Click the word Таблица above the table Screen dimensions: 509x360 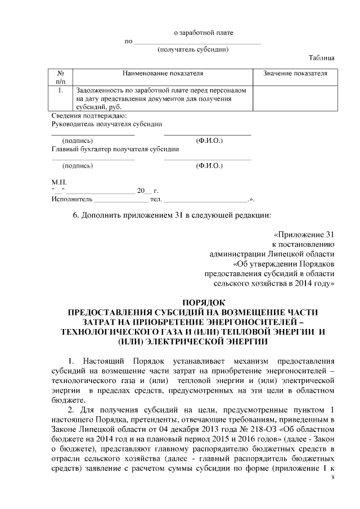click(x=322, y=58)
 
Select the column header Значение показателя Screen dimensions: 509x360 click(x=295, y=73)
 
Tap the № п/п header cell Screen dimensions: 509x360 click(x=60, y=77)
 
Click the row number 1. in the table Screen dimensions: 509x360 click(x=60, y=89)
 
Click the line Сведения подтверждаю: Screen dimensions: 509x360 click(x=82, y=115)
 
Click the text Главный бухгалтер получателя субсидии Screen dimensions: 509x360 click(x=115, y=149)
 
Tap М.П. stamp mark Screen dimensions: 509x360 click(x=58, y=183)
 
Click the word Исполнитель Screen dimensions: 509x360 click(x=71, y=199)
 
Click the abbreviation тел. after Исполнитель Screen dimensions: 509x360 click(x=156, y=199)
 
